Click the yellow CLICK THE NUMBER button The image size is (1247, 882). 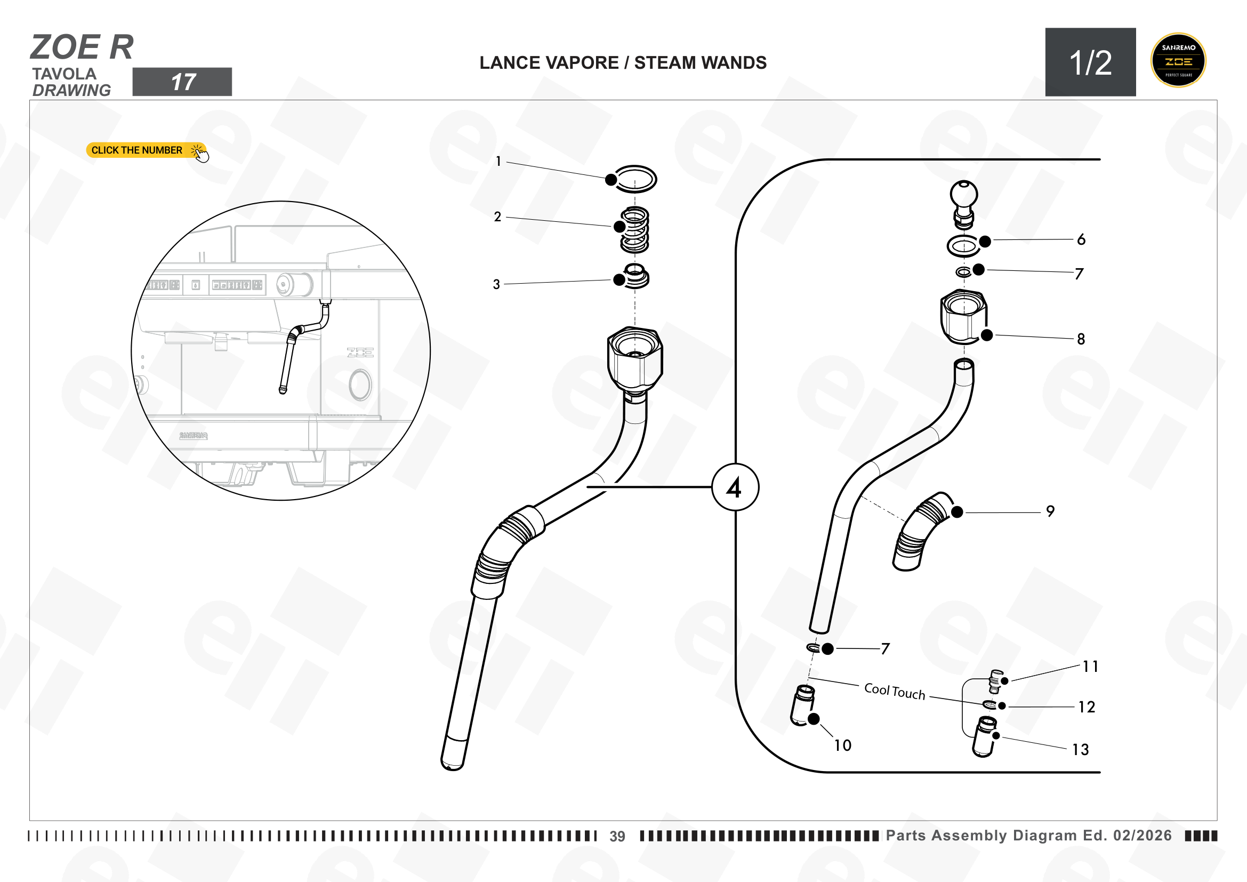(x=146, y=150)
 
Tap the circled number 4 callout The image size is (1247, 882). (x=735, y=487)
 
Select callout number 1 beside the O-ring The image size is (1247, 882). (x=498, y=161)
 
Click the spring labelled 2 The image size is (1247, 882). (x=635, y=230)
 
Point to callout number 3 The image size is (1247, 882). (x=496, y=284)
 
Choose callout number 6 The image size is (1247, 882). (x=1081, y=239)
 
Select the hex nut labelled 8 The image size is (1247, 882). (x=963, y=317)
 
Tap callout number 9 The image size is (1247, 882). (x=1050, y=511)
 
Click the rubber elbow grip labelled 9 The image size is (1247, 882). (x=922, y=531)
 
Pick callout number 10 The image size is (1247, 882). (x=842, y=745)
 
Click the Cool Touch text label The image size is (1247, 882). (x=895, y=692)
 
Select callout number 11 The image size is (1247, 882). (x=1090, y=667)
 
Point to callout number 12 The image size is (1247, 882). (x=1086, y=707)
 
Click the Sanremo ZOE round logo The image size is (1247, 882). (x=1178, y=60)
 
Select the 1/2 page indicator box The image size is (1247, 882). (x=1090, y=62)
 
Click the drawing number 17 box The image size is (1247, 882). (x=182, y=82)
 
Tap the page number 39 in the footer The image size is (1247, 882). (x=617, y=836)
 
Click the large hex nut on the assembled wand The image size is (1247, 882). (x=635, y=359)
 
